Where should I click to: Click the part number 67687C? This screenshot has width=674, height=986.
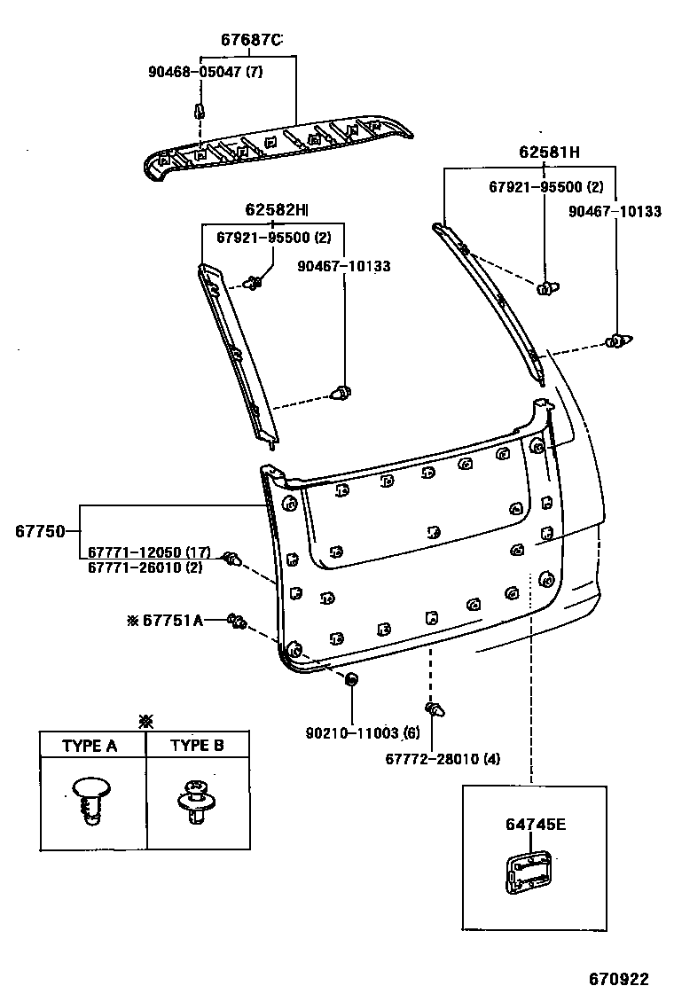(x=251, y=40)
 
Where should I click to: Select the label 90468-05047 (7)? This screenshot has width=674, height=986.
(x=206, y=72)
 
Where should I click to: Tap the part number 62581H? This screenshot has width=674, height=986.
(x=549, y=153)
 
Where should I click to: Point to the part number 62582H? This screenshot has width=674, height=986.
(x=276, y=210)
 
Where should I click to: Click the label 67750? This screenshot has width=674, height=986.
(x=40, y=532)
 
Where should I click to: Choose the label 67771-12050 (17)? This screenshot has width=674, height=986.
(x=148, y=552)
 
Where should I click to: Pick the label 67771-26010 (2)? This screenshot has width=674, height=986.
(x=145, y=567)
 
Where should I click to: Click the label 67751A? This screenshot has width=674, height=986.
(x=171, y=621)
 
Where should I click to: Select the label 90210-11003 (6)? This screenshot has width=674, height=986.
(x=362, y=732)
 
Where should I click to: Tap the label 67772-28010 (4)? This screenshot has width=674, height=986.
(x=443, y=759)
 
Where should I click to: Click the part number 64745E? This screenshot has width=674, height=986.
(x=536, y=825)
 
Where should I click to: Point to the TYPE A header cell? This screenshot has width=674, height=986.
(x=90, y=745)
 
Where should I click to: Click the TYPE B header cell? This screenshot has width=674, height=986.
(x=197, y=745)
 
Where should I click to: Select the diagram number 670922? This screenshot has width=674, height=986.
(x=621, y=973)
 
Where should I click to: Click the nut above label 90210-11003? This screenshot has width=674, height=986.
(x=351, y=681)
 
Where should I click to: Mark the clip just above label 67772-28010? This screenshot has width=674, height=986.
(x=435, y=709)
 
